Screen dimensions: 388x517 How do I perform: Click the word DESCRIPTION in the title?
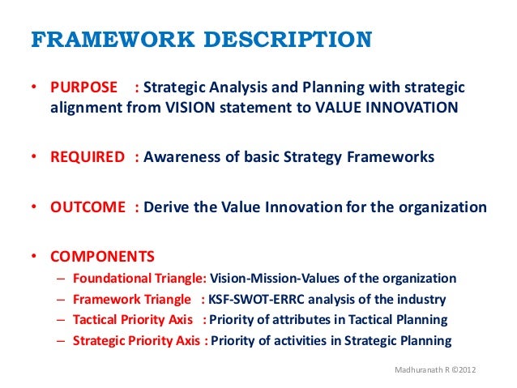[290, 40]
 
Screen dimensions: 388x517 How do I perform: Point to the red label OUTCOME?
[86, 207]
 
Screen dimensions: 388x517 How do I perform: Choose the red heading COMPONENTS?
[102, 257]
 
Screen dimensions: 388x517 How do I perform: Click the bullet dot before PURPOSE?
[34, 87]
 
